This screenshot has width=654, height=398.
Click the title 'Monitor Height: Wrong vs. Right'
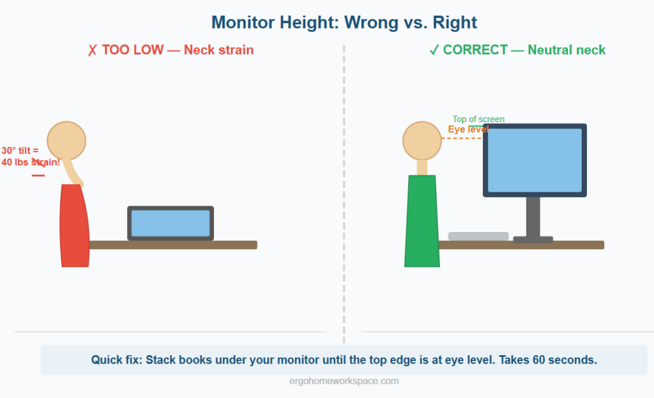344,23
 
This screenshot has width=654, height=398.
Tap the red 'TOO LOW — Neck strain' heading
171,50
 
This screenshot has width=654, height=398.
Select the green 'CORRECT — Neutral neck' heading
517,50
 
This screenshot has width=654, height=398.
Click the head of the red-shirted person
66,140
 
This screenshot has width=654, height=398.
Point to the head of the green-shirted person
422,141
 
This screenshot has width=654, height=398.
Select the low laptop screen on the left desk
171,224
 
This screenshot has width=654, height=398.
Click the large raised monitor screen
535,160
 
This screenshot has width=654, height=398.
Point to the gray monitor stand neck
533,216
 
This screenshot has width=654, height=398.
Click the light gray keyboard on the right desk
478,236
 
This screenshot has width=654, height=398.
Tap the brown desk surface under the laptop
172,245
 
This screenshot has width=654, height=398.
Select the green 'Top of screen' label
478,119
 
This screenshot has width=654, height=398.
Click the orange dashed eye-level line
461,138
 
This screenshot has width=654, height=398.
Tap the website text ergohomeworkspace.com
344,381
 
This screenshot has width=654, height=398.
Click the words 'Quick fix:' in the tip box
116,360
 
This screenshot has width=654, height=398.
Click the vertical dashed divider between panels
344,192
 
